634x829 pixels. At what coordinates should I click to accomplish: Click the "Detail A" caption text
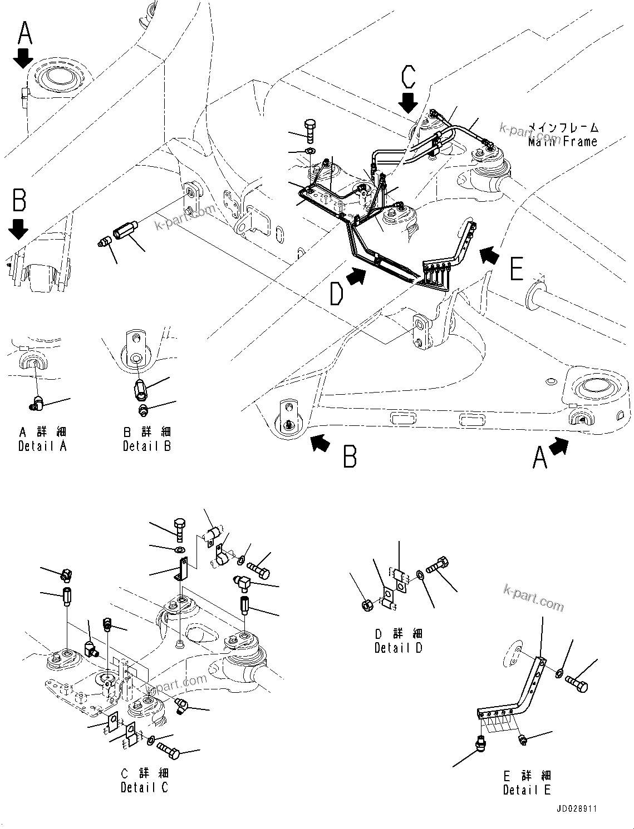point(42,446)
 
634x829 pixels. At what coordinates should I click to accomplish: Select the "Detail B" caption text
point(147,446)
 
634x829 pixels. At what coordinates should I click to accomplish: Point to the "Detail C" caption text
point(144,787)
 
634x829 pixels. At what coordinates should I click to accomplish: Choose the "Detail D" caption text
point(398,648)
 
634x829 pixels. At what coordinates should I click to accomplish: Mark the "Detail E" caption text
point(527,790)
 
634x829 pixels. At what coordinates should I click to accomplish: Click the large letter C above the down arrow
point(408,77)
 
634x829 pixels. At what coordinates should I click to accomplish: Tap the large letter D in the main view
point(336,294)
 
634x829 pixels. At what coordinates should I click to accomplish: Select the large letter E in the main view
point(516,270)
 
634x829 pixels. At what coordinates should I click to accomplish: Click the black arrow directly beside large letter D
point(357,275)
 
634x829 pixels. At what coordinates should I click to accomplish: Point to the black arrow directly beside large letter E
point(490,255)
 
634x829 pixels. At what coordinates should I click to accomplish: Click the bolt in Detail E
point(576,683)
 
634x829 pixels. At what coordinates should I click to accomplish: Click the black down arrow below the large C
point(409,103)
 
